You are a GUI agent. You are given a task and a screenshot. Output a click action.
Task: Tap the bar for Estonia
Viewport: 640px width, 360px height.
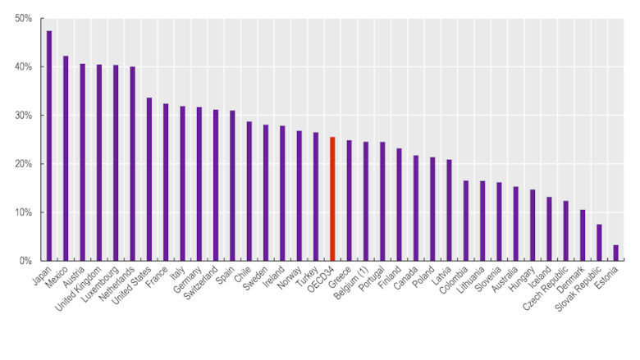coord(615,253)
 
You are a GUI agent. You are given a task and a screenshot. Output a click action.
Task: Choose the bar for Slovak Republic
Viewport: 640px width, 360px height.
coord(599,243)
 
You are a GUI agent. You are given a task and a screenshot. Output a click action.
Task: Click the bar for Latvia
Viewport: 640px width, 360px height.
coord(449,210)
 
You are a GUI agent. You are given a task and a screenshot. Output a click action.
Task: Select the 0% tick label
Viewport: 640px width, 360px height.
coord(25,261)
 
